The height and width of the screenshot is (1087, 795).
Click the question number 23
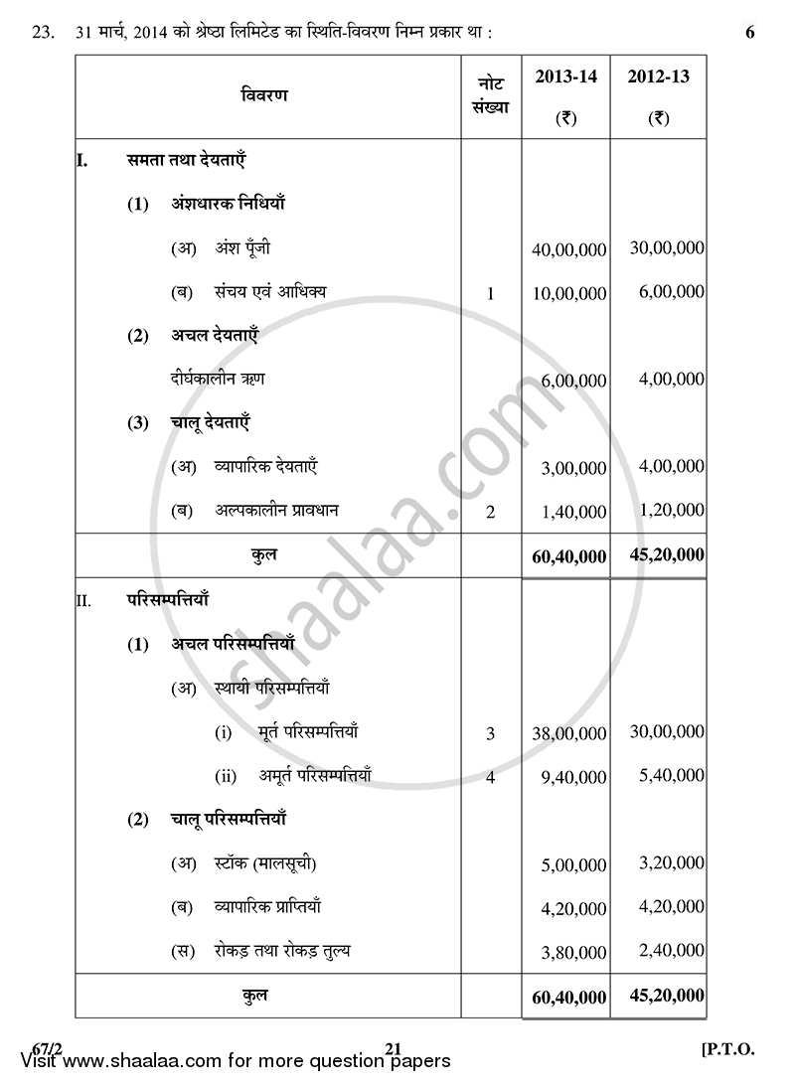point(42,33)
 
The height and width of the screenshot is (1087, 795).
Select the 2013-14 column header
point(566,78)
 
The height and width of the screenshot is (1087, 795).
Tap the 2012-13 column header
point(659,78)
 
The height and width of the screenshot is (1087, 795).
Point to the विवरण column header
point(264,95)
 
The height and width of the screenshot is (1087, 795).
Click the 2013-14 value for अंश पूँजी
point(568,250)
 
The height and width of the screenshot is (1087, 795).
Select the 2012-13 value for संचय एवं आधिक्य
point(667,292)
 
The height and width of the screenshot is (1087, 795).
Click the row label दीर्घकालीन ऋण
point(218,379)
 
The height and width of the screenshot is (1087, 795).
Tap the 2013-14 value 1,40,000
point(573,513)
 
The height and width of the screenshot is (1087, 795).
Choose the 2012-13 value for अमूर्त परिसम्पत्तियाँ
point(667,776)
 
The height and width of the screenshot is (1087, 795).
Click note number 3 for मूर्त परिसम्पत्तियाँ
point(490,734)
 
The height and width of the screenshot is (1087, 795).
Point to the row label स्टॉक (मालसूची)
point(265,862)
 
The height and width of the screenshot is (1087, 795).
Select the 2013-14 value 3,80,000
point(573,953)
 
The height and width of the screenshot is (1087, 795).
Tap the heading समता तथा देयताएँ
point(186,159)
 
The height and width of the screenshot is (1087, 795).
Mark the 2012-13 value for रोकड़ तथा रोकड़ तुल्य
point(667,951)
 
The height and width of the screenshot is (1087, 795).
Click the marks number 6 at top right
point(749,33)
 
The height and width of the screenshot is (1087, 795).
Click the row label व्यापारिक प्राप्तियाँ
point(267,906)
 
